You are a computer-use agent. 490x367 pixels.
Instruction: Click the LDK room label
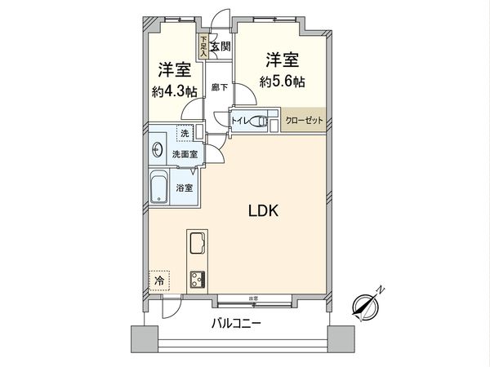pos(265,210)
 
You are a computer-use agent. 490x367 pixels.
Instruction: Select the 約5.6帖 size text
pos(282,82)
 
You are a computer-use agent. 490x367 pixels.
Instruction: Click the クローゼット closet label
pos(304,121)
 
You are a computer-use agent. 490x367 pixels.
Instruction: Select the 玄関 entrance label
pos(220,46)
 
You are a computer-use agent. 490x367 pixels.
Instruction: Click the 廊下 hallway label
pos(218,86)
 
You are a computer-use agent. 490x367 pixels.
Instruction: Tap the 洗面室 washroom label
pos(183,153)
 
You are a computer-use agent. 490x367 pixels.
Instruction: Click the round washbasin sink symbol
pos(157,149)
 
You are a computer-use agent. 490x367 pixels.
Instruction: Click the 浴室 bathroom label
pos(185,188)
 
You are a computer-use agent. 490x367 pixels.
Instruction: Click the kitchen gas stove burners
pos(198,278)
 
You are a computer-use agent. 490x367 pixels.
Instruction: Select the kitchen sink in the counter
pos(198,243)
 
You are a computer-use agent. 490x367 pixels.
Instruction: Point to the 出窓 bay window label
pos(253,297)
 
